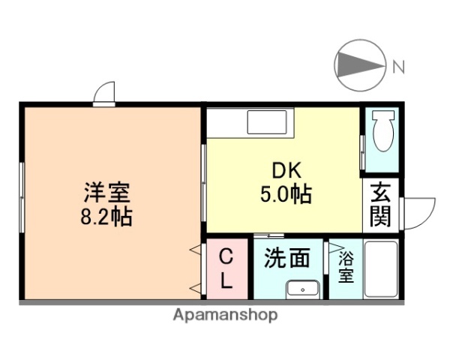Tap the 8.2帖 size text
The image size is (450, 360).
(x=106, y=217)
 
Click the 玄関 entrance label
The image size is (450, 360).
(x=381, y=205)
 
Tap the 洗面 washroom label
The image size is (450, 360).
(x=286, y=258)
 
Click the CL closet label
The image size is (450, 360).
(x=226, y=269)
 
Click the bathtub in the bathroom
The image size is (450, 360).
(x=382, y=269)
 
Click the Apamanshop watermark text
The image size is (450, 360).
(x=225, y=315)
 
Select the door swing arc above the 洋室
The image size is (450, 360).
(x=105, y=92)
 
